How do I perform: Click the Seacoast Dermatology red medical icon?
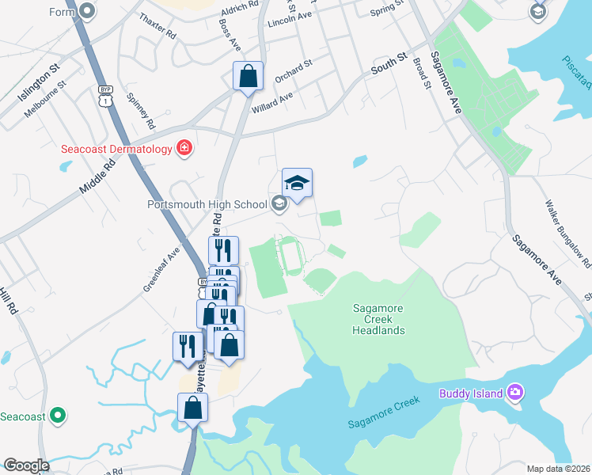coord(184,148)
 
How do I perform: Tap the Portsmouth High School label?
coord(208,204)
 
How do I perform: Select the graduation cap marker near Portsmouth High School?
coord(297,183)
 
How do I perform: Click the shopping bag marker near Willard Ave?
coord(248,77)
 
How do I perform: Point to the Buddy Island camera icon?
coord(515,393)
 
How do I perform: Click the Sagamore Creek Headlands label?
coord(378,319)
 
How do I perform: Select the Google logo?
coord(26,465)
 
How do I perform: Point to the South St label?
coord(389,64)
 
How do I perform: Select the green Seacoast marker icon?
coord(57,415)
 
